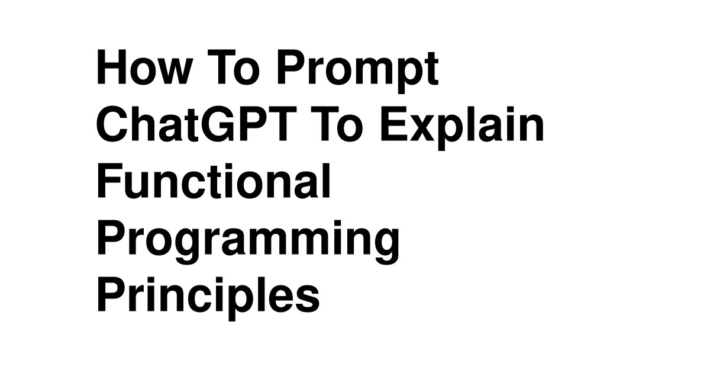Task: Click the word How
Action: pos(144,67)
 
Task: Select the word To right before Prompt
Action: pos(233,67)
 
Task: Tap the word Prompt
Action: pos(358,72)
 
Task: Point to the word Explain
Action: pos(462,128)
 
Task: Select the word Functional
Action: pos(214,181)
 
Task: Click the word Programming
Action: pos(248,242)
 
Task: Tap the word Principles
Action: pos(208,298)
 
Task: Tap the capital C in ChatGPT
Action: pos(113,124)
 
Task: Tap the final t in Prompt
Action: pos(433,69)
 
